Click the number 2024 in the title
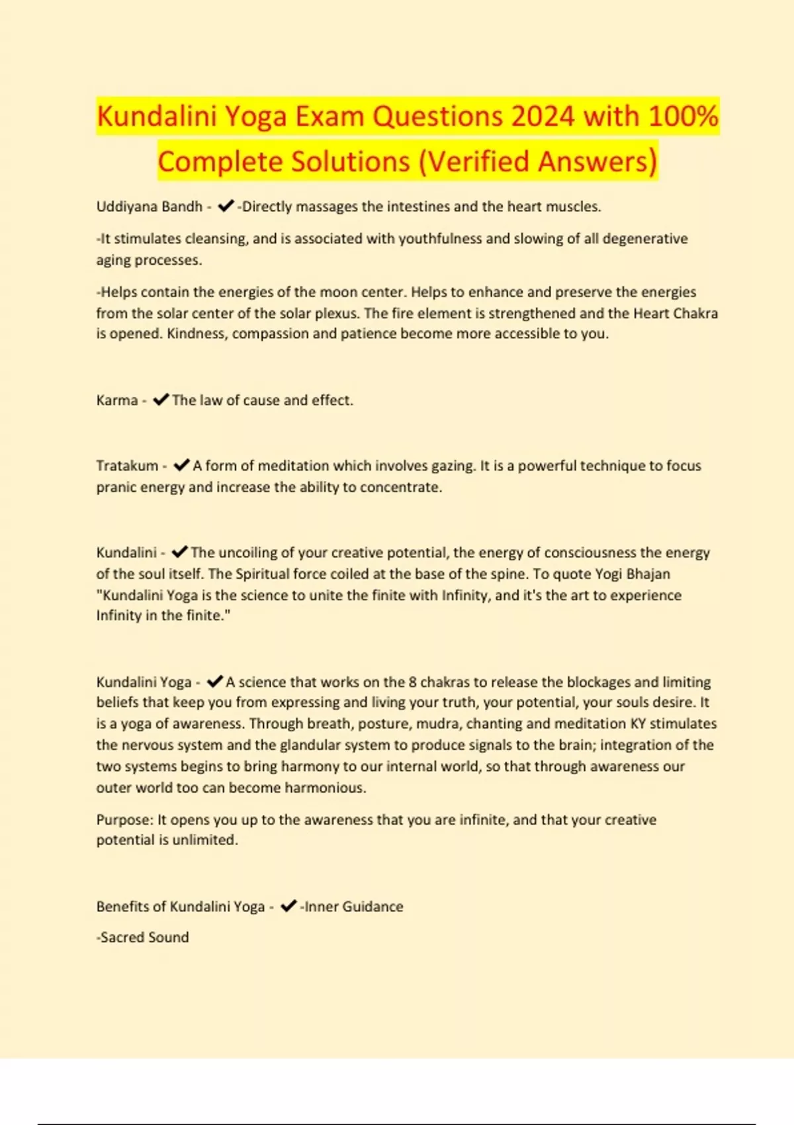(543, 116)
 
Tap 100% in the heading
(683, 116)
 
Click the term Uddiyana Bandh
(149, 206)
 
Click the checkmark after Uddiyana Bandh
(226, 206)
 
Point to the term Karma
(116, 400)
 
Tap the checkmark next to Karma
(161, 400)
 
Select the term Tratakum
(127, 466)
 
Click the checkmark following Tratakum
(181, 465)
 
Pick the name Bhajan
(648, 574)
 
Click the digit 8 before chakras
(413, 682)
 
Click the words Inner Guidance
(353, 907)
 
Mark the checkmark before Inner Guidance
(288, 906)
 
